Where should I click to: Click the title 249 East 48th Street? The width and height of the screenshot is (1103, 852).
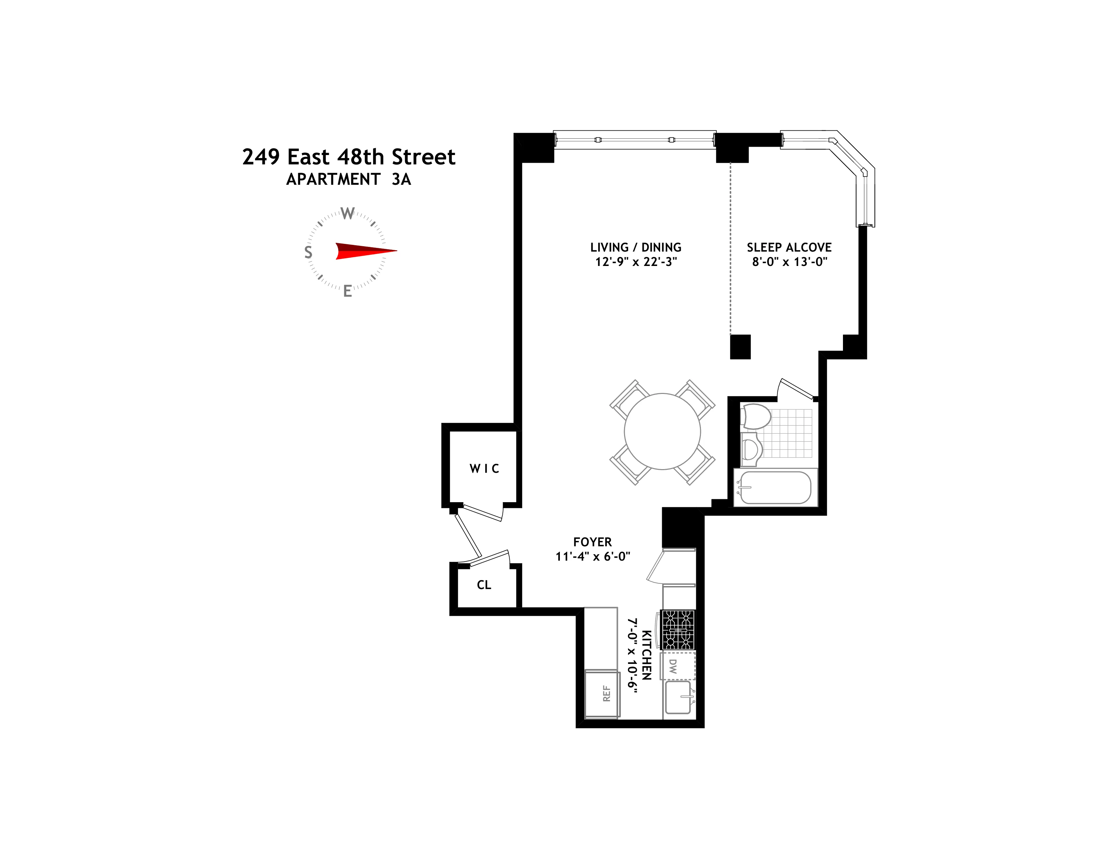(x=349, y=157)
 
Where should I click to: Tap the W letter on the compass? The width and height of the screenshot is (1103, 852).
(x=348, y=214)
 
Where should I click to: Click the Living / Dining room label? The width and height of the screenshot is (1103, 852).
(x=636, y=247)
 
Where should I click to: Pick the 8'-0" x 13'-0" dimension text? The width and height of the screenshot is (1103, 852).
(x=789, y=262)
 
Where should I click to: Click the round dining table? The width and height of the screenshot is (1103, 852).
(x=662, y=432)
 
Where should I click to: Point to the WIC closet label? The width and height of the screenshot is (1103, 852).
(x=484, y=469)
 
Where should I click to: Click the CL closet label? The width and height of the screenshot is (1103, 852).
(x=484, y=585)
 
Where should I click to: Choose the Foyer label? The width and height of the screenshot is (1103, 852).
(x=592, y=542)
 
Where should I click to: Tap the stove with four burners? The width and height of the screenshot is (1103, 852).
(x=678, y=629)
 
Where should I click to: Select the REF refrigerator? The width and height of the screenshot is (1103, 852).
(x=602, y=694)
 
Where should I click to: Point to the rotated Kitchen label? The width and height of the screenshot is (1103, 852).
(x=646, y=655)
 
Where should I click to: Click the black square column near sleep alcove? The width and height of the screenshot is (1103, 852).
(x=740, y=347)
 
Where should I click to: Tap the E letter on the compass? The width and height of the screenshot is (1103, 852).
(x=348, y=291)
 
